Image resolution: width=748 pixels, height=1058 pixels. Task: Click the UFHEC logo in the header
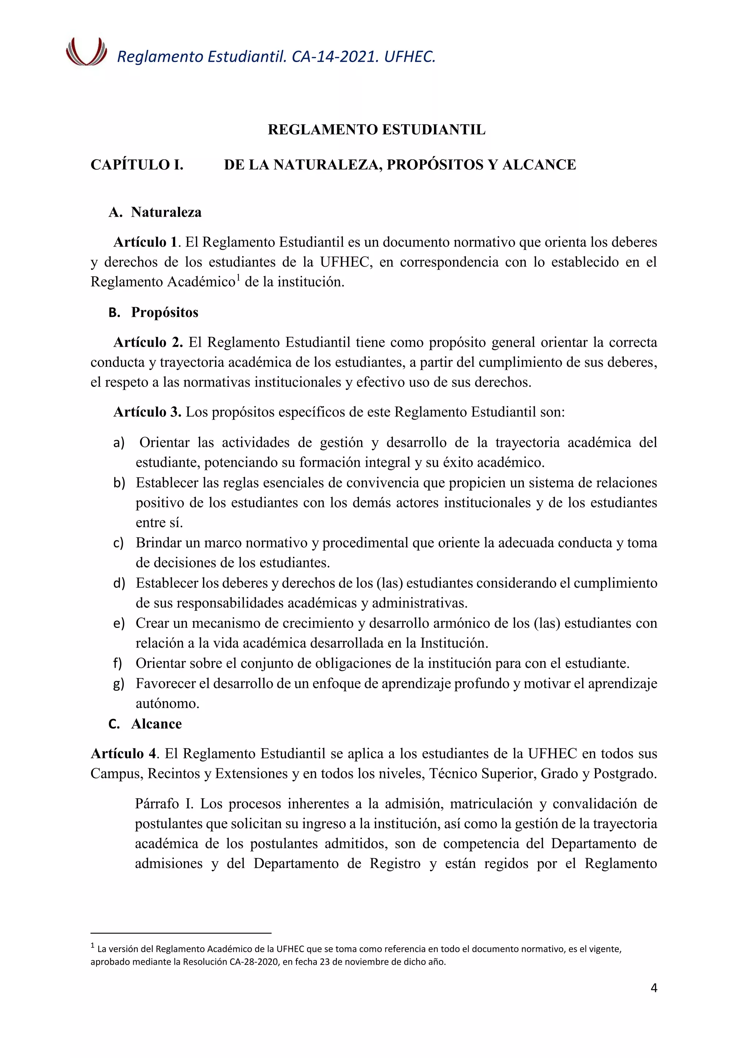coord(86,52)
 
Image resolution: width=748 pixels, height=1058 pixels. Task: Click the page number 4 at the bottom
coord(653,987)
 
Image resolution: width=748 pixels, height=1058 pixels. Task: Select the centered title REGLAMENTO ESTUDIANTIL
coord(376,130)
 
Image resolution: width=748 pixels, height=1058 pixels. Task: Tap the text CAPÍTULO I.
coord(137,165)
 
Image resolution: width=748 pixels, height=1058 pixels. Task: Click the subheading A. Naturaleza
coord(155,212)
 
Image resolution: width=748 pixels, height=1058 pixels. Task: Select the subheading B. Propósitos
coord(153,312)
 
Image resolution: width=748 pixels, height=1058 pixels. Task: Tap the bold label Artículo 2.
coord(148,342)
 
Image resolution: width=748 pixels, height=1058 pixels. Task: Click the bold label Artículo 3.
coord(148,412)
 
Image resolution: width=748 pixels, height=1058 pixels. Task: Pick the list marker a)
coord(119,443)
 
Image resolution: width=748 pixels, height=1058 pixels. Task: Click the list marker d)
coord(119,583)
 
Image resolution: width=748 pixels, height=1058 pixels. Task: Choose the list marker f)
coord(118,663)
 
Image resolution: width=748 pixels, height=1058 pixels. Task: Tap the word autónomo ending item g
coord(167,704)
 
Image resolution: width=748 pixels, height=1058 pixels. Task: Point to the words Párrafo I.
coord(164,804)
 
